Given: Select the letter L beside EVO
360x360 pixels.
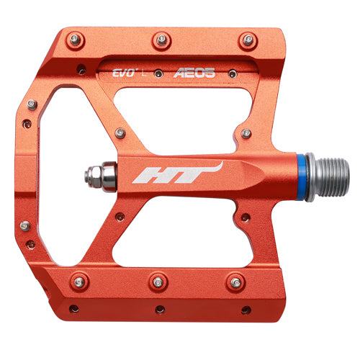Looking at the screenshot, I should pyautogui.click(x=145, y=73).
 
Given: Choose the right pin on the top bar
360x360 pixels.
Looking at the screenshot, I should pyautogui.click(x=247, y=38).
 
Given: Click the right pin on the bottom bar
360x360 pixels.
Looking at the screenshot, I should pyautogui.click(x=232, y=280).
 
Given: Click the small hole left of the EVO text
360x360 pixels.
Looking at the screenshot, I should pyautogui.click(x=81, y=72).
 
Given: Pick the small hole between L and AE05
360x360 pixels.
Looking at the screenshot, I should pyautogui.click(x=161, y=72).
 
